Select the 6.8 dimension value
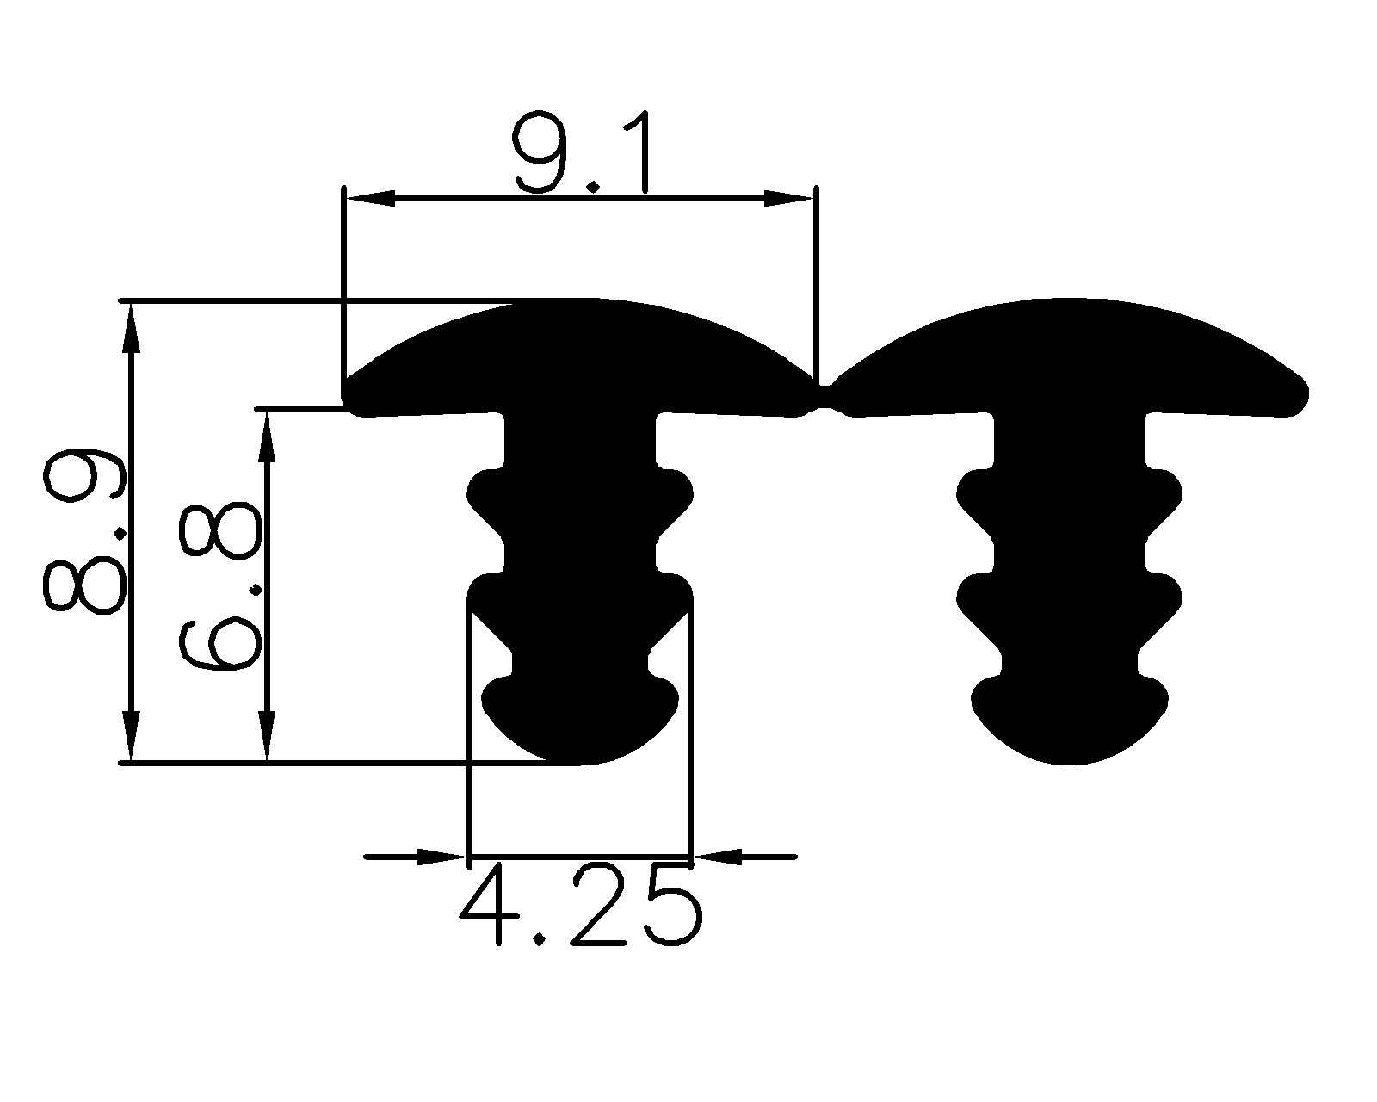coord(219,585)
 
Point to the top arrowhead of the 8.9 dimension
coord(131,327)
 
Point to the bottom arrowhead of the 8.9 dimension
coord(131,737)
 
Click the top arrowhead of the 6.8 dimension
coord(268,435)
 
